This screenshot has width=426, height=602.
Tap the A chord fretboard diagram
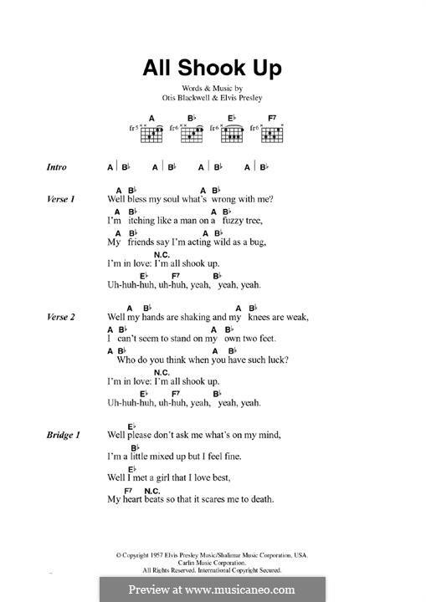(x=152, y=132)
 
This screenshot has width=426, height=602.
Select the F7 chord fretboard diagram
(x=272, y=132)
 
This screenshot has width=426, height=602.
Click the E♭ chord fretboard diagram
(x=233, y=132)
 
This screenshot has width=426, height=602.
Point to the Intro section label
(x=57, y=167)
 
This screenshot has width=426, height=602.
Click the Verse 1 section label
(x=61, y=199)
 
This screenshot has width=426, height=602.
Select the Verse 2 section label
(x=61, y=317)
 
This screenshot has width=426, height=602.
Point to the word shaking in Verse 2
(x=187, y=317)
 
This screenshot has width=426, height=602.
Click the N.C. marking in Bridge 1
(x=151, y=490)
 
